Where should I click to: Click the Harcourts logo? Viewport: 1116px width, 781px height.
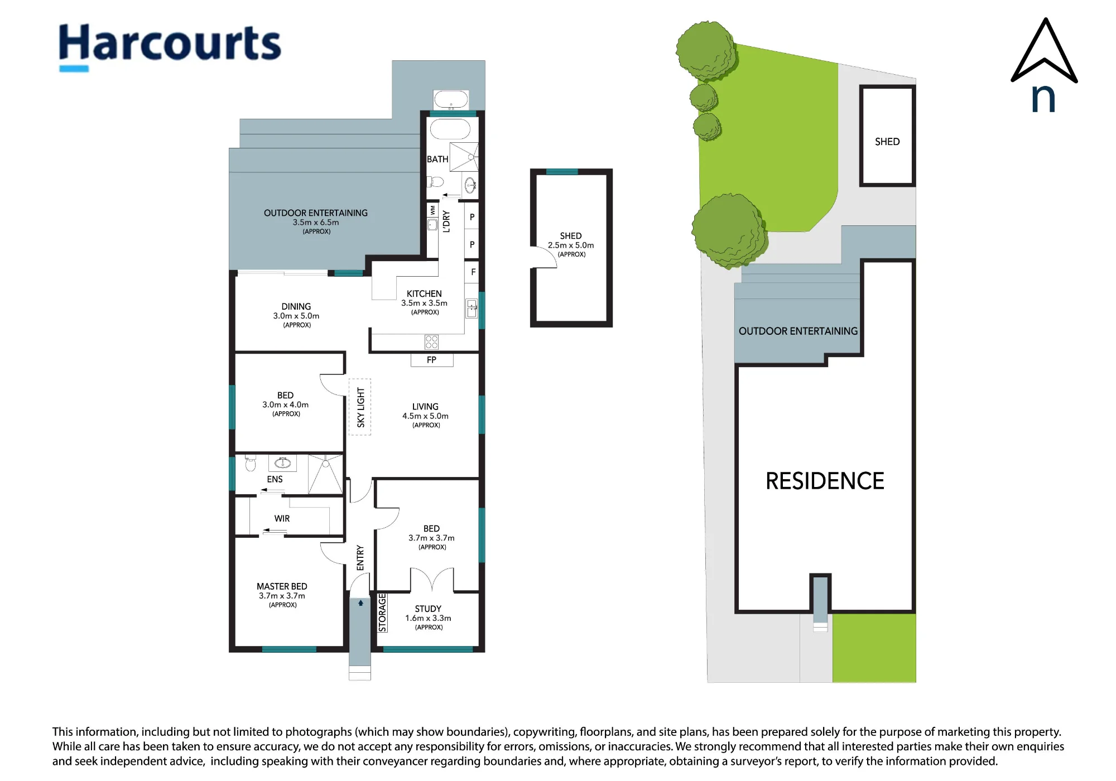coord(170,47)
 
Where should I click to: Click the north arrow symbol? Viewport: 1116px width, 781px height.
coord(1044,64)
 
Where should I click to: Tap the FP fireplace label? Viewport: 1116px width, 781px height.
coord(431,360)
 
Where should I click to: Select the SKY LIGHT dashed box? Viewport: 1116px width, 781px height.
coord(360,407)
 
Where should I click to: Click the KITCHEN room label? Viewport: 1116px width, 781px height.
coord(424,293)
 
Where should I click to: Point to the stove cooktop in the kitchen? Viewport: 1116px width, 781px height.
coord(431,341)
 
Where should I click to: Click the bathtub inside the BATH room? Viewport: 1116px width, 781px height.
coord(450,129)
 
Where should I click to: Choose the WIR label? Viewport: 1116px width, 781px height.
coord(282,518)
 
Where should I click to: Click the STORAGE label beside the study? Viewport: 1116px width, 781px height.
coord(382,613)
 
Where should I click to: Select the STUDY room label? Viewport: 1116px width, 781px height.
coord(428,609)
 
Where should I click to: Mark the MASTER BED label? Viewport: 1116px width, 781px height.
coord(282,586)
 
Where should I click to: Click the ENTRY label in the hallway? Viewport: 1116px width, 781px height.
coord(360,558)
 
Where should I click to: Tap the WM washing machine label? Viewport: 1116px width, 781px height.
coord(432,210)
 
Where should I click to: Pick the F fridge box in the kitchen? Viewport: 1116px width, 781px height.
coord(473,272)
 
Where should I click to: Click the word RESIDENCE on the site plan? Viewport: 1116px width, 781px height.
coord(825,481)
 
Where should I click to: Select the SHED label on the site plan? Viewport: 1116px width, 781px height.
coord(887,142)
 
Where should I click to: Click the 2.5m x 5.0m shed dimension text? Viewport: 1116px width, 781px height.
coord(571,245)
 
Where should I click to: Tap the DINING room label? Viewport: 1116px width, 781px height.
coord(296,306)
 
